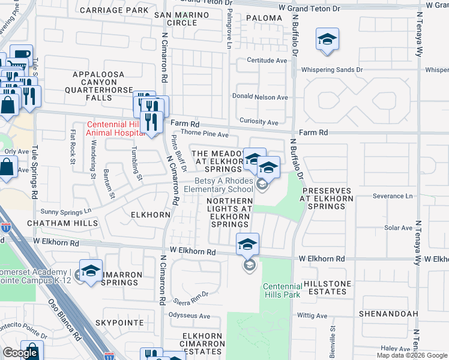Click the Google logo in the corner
(20, 353)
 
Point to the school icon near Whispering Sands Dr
(327, 40)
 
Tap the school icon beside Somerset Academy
(91, 271)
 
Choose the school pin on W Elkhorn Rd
(247, 244)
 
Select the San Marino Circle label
(175, 19)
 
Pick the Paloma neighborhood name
(264, 18)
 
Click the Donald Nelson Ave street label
(260, 97)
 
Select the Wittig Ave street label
(312, 316)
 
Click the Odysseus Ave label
(189, 316)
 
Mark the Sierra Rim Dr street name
(190, 294)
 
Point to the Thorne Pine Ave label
(205, 134)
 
